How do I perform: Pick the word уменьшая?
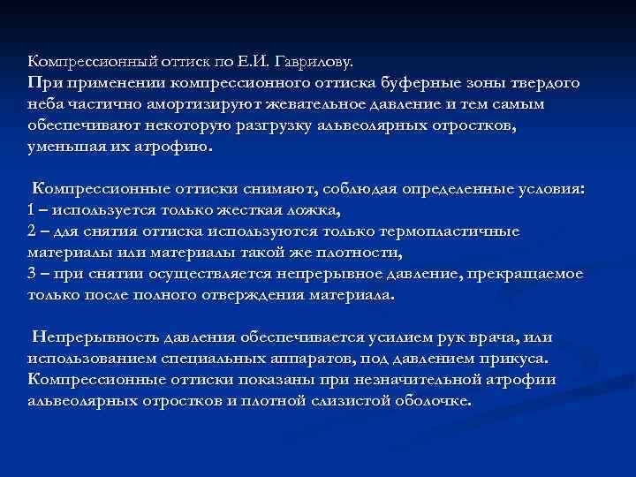click(63, 147)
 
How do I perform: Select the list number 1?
click(33, 210)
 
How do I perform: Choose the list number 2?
click(33, 231)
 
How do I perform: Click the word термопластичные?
click(449, 231)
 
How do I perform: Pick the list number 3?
click(33, 274)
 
